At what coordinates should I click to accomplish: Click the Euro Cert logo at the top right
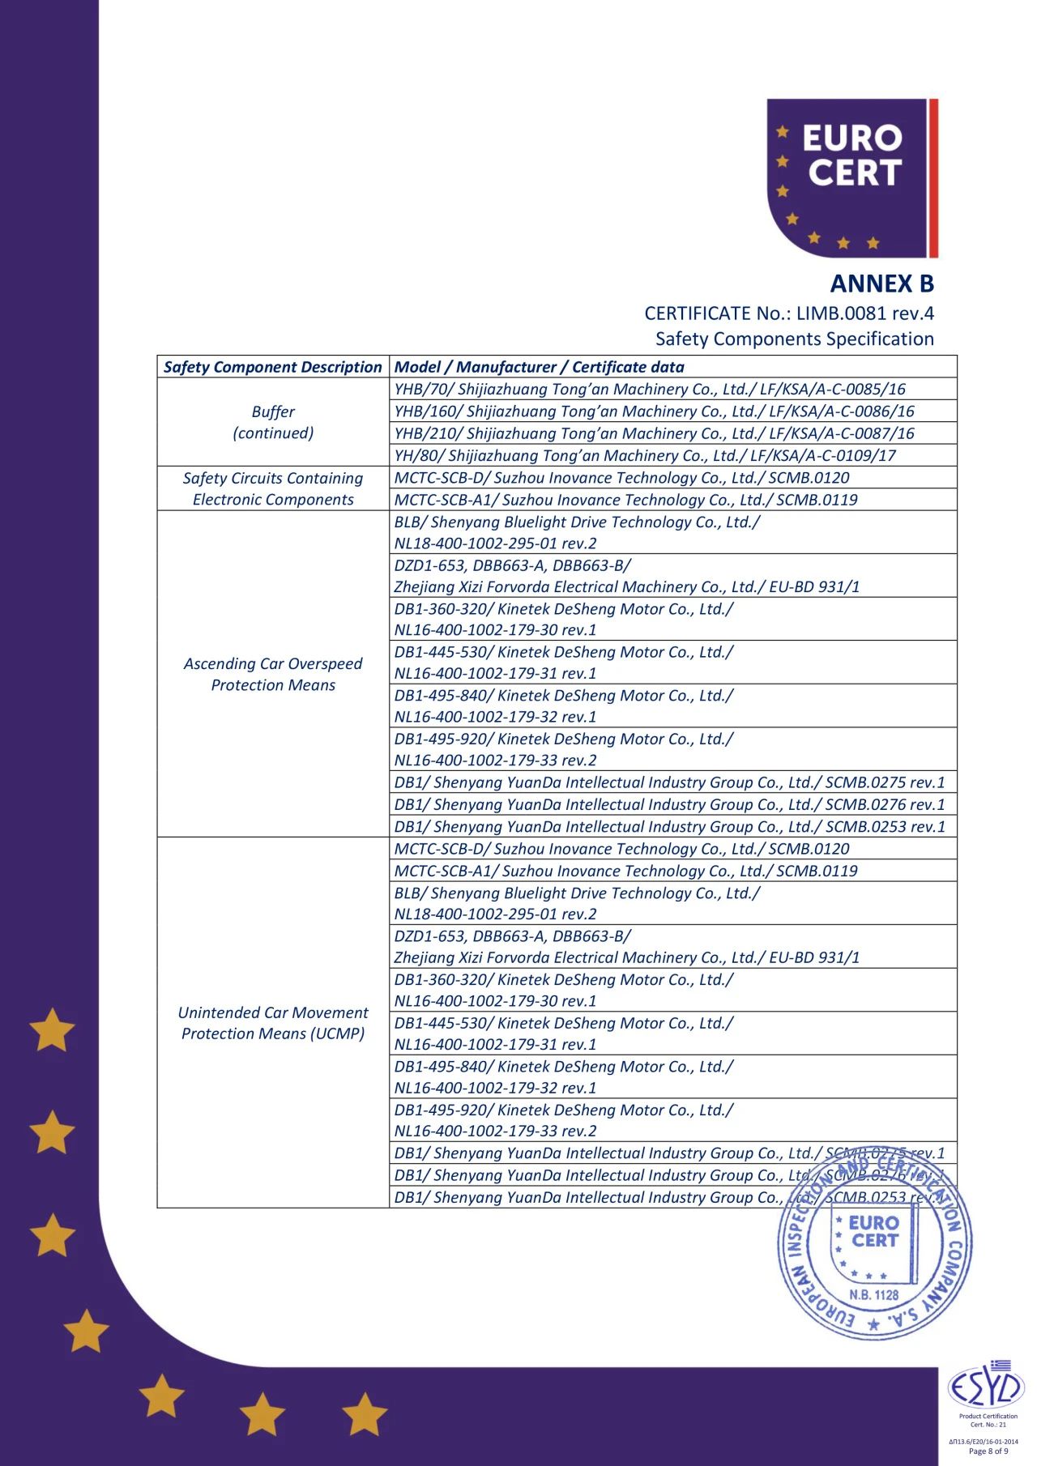click(x=851, y=177)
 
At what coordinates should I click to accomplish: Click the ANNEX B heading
click(x=881, y=283)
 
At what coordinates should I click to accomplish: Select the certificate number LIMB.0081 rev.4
click(x=864, y=313)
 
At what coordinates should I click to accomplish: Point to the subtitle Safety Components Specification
click(x=794, y=339)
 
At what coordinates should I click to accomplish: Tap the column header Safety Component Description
click(x=272, y=367)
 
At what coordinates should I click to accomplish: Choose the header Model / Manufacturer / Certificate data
click(x=539, y=367)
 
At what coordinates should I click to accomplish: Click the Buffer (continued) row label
click(x=273, y=422)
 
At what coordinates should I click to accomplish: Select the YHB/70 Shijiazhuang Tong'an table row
click(x=650, y=389)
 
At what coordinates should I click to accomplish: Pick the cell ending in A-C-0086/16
click(x=654, y=411)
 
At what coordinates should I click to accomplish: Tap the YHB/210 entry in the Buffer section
click(x=654, y=433)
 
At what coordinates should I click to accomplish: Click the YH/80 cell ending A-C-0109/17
click(x=645, y=455)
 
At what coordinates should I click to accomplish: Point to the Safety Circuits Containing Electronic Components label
click(x=273, y=488)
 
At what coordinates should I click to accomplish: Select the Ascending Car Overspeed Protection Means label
click(x=273, y=674)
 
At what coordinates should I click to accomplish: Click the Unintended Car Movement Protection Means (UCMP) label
click(x=273, y=1023)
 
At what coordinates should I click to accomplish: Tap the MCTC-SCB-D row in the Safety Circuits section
click(x=621, y=478)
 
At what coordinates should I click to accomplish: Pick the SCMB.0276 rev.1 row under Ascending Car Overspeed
click(x=669, y=804)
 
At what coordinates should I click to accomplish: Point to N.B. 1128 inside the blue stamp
click(x=874, y=1294)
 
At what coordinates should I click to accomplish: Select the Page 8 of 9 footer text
click(x=988, y=1451)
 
